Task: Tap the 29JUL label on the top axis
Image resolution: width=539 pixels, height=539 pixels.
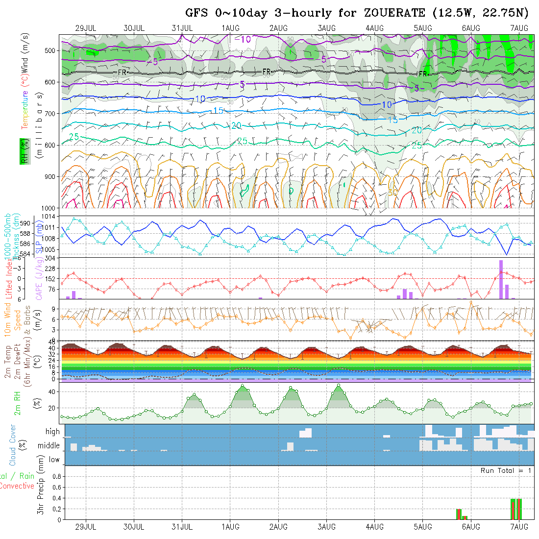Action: click(x=86, y=28)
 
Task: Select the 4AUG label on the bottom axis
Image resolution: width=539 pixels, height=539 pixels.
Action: click(x=374, y=527)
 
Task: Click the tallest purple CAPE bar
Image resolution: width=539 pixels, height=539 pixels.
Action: click(x=501, y=279)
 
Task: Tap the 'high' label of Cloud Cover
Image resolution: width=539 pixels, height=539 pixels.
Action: click(x=52, y=432)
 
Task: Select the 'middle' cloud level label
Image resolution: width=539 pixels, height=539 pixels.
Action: click(x=49, y=446)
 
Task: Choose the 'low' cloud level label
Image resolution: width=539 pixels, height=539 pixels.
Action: click(x=54, y=460)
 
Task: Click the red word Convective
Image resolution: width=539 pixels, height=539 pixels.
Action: click(x=17, y=486)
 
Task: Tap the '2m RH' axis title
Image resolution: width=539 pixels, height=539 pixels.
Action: click(x=18, y=403)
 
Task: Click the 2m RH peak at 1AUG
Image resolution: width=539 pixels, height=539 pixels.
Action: click(x=243, y=386)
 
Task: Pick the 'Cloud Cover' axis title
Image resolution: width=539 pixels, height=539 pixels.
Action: click(x=13, y=445)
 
